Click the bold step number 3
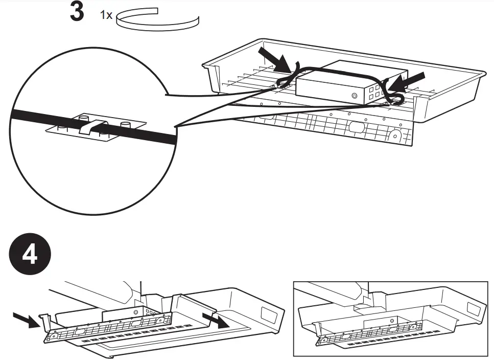(77, 13)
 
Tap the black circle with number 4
(30, 254)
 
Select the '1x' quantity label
(106, 15)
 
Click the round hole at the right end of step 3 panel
(396, 136)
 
